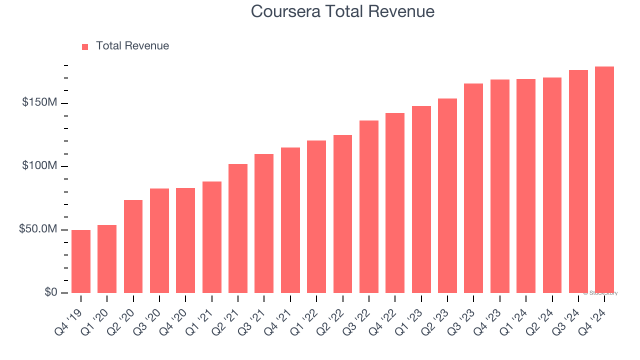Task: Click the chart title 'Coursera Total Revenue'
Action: click(342, 11)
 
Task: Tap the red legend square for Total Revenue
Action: click(85, 46)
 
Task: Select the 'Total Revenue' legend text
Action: click(132, 46)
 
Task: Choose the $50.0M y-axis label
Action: click(38, 229)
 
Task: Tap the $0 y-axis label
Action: click(50, 292)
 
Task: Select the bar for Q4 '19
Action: click(81, 261)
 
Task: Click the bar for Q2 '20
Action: click(133, 246)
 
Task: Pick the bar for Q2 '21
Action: click(238, 228)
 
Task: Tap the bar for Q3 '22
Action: click(369, 206)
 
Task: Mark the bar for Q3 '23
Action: click(473, 188)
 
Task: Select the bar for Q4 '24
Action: click(604, 179)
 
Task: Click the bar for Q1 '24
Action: click(526, 186)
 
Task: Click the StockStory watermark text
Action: click(600, 293)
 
